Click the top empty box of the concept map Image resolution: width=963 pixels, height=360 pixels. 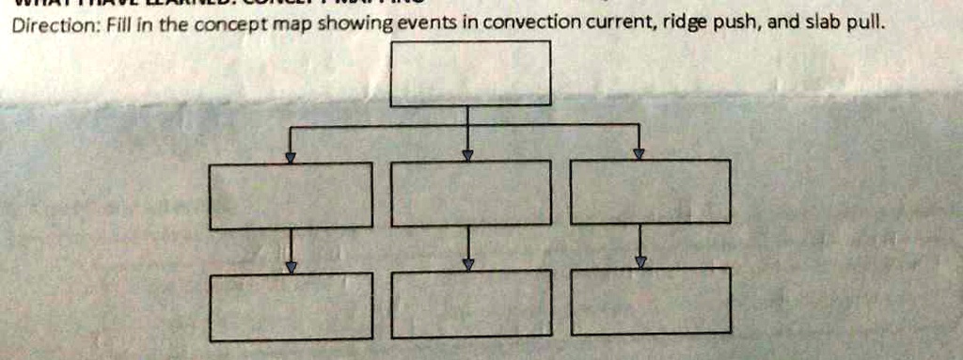click(x=470, y=72)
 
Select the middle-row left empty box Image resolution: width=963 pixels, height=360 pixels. click(x=291, y=196)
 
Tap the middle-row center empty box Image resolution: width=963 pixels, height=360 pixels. click(x=470, y=194)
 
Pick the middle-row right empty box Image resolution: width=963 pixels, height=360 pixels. click(x=650, y=192)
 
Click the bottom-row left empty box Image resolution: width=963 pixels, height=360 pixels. click(x=291, y=306)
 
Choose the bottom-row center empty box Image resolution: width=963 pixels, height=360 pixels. click(x=470, y=304)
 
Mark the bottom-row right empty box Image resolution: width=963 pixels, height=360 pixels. click(x=650, y=301)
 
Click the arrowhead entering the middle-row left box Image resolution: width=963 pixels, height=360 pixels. click(x=291, y=158)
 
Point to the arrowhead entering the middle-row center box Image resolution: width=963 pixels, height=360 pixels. click(x=467, y=155)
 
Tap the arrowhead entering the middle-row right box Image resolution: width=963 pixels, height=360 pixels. click(x=639, y=153)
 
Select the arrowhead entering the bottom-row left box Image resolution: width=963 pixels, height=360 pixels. click(x=292, y=267)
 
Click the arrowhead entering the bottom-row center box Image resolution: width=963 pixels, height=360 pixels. click(x=467, y=265)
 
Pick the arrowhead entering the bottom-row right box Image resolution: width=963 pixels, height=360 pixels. click(x=640, y=262)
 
